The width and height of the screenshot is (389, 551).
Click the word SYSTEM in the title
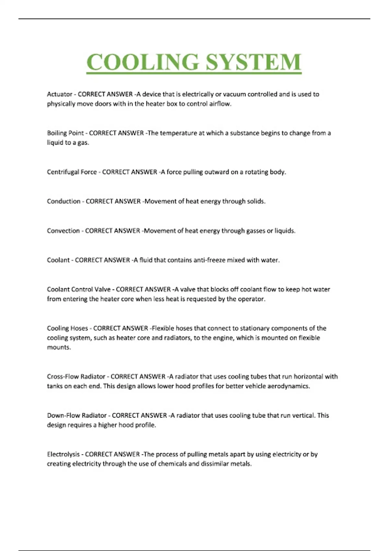coord(253,62)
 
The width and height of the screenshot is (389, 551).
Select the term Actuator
coord(60,94)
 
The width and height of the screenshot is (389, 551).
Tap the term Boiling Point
coord(65,133)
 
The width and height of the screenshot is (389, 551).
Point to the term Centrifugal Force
coord(72,172)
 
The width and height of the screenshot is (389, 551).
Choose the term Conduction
coord(64,201)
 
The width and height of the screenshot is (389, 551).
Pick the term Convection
coord(63,231)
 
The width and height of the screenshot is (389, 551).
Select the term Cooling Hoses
coord(67,328)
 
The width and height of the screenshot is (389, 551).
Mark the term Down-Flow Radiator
coord(77,416)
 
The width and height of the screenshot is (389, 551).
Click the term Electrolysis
coord(63,454)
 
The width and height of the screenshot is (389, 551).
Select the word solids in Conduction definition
coord(256,201)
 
